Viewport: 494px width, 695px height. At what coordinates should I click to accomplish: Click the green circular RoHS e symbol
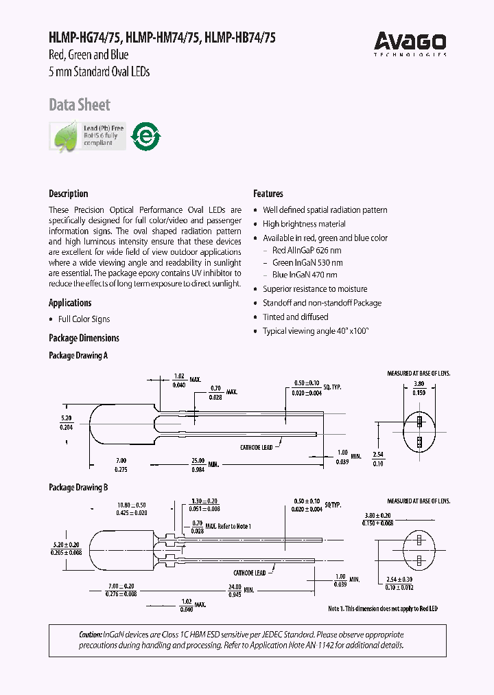[x=145, y=137]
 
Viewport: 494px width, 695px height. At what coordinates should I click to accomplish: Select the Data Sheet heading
[x=79, y=105]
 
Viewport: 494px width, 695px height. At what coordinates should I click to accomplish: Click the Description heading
[x=68, y=194]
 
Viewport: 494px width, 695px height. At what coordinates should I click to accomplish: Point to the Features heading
[x=268, y=194]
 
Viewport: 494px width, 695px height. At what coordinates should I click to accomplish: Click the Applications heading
[x=70, y=303]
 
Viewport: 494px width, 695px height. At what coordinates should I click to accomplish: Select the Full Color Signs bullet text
[x=84, y=319]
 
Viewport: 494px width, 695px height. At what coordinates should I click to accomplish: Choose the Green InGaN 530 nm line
[x=307, y=262]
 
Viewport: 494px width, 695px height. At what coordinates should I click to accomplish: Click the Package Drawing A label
[x=78, y=356]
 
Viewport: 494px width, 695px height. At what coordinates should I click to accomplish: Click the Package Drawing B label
[x=78, y=488]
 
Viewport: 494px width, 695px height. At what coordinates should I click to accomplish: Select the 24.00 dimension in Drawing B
[x=235, y=586]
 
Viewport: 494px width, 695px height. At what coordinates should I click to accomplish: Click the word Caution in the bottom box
[x=72, y=635]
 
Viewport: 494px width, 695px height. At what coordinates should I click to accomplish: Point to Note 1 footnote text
[x=382, y=608]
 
